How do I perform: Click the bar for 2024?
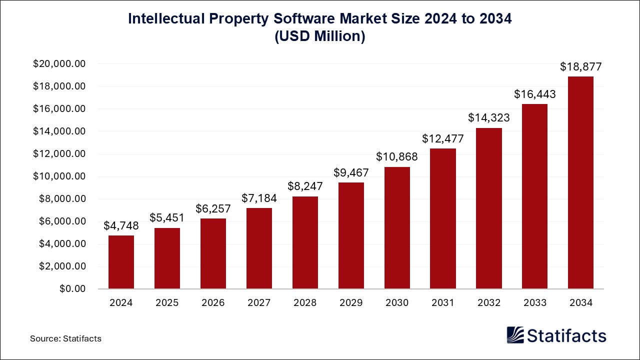tap(121, 262)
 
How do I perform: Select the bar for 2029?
tap(351, 235)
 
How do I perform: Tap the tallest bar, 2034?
tap(580, 182)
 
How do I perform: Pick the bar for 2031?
tap(443, 218)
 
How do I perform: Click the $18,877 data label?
tap(580, 66)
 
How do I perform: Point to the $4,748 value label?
tap(121, 225)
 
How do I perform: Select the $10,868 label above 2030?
tap(397, 157)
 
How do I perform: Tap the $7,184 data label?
tap(259, 198)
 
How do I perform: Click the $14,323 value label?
tap(489, 118)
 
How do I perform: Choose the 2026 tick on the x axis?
tap(213, 302)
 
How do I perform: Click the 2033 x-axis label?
tap(534, 302)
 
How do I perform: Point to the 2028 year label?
tap(305, 302)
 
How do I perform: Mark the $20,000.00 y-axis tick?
tap(59, 64)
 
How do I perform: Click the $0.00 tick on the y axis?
tap(72, 289)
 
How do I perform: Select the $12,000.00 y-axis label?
tap(59, 154)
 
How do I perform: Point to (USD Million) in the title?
tap(320, 36)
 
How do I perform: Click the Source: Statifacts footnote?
tap(65, 338)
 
